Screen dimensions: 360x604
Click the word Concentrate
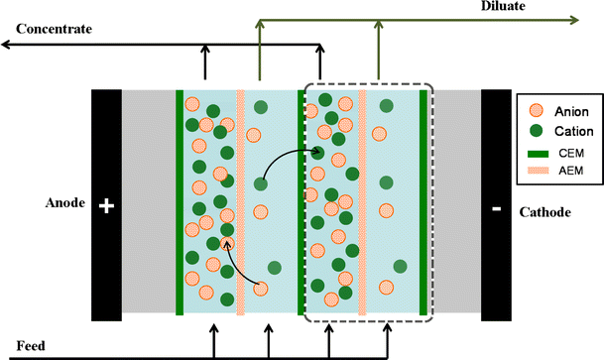(50, 29)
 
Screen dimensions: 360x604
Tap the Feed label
(19, 347)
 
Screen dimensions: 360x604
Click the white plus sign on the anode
(107, 207)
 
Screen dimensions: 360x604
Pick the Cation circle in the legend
(534, 130)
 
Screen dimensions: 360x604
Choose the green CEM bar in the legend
(534, 151)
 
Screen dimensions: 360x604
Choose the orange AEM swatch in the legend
(534, 171)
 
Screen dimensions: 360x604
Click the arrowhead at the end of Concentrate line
(6, 44)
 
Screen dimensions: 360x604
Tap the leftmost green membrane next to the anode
(180, 203)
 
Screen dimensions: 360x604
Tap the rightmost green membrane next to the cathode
(423, 203)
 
